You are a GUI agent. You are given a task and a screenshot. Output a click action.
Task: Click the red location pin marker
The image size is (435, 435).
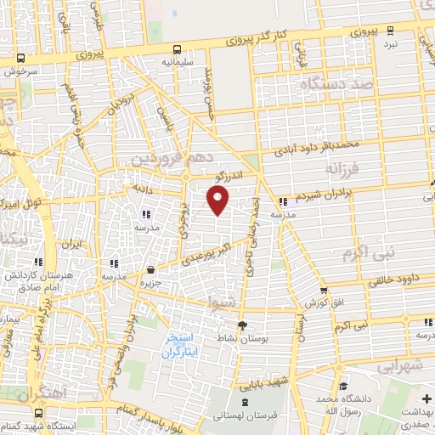tap(219, 201)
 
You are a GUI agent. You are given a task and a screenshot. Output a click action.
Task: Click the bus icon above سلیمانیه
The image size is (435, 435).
tap(177, 49)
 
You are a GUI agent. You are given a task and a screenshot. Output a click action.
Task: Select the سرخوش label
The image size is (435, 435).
tap(18, 72)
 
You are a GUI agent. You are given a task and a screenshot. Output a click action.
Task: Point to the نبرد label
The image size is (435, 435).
tap(390, 42)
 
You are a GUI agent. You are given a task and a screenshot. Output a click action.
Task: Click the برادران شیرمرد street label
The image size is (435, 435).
tap(322, 193)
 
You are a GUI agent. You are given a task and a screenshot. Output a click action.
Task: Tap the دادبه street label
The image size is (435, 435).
tap(139, 187)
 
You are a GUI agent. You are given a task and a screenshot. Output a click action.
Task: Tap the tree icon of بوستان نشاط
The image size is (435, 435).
tap(242, 325)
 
